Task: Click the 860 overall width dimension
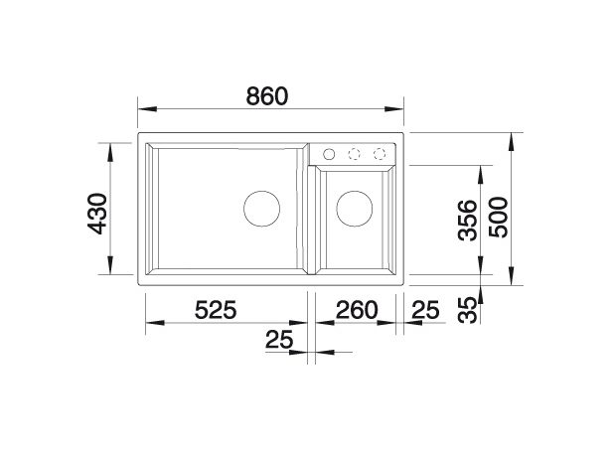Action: [x=267, y=96]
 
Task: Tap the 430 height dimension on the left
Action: [x=97, y=214]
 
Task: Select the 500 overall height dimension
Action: [x=499, y=218]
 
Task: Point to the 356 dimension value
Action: [x=468, y=220]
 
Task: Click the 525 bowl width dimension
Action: [x=216, y=310]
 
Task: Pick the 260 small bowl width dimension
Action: [x=357, y=310]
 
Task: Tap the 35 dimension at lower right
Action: [x=468, y=310]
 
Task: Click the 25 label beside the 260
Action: [x=426, y=310]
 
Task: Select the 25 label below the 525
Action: [x=279, y=339]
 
